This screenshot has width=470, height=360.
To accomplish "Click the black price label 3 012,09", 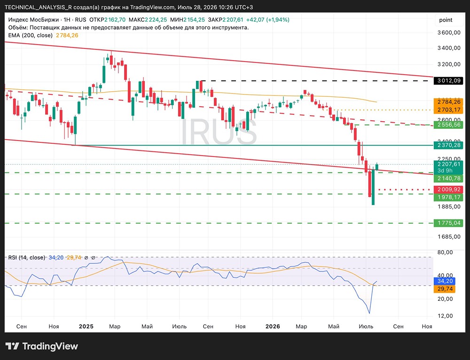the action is click(448, 81).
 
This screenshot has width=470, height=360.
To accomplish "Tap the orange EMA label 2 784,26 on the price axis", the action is click(448, 102).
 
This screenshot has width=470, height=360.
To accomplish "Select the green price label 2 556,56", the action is click(448, 125).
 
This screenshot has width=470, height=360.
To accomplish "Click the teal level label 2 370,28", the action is click(448, 145).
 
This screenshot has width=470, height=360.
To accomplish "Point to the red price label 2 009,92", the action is click(448, 189).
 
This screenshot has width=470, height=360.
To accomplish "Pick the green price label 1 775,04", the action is click(448, 223).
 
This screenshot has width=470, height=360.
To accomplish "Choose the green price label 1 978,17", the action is click(448, 197).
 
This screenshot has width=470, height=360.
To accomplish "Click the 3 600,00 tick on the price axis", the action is click(449, 33).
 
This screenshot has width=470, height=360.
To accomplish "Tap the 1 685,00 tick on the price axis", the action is click(449, 237).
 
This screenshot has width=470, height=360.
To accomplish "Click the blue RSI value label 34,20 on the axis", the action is click(445, 281).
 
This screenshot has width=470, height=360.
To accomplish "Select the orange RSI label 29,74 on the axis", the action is click(445, 289).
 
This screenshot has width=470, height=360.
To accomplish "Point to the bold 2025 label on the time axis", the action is click(86, 327).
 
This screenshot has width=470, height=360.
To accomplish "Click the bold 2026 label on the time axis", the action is click(273, 327).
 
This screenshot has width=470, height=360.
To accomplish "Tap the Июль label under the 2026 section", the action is click(366, 327).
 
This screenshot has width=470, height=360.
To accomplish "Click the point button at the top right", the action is click(446, 20).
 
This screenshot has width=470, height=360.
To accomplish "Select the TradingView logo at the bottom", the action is click(42, 346).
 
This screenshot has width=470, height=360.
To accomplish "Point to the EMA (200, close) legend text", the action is click(30, 35).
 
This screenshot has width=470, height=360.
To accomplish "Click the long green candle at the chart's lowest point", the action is click(373, 188).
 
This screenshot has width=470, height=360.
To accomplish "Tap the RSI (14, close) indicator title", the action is click(27, 258).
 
